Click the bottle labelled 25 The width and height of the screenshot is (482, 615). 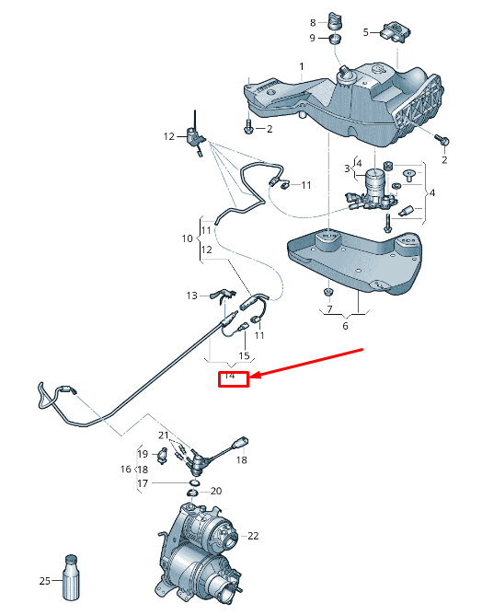click(72, 577)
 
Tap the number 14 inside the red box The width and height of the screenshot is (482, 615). click(231, 377)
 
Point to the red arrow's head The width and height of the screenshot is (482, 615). click(255, 377)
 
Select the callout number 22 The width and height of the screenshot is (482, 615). click(253, 536)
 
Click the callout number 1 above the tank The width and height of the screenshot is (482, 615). click(301, 66)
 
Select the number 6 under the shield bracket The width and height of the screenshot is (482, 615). click(345, 325)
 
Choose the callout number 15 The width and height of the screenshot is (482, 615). click(244, 355)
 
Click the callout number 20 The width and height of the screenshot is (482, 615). click(215, 491)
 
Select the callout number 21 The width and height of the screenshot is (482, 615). click(163, 435)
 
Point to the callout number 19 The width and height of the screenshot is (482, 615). click(143, 454)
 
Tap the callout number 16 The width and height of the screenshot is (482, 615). click(125, 469)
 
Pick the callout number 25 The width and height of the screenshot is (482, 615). click(44, 581)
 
